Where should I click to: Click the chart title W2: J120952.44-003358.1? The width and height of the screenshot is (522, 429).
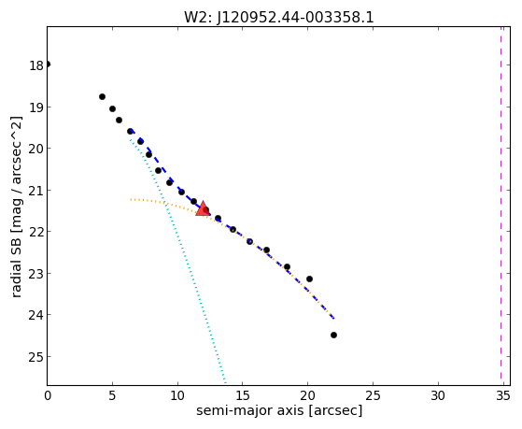[278, 17]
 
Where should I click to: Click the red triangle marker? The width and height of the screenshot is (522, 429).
[203, 209]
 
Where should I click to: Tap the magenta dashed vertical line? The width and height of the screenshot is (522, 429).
[501, 206]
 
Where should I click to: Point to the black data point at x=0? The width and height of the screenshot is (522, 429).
[48, 64]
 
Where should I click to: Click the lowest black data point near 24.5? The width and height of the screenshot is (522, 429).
[333, 335]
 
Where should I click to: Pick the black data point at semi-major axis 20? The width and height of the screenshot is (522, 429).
[309, 279]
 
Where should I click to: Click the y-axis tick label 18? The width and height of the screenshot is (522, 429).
[36, 65]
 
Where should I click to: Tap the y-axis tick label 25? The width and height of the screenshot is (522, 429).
[36, 357]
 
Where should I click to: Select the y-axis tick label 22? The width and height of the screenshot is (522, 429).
[36, 233]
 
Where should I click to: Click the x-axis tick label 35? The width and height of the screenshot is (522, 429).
[503, 395]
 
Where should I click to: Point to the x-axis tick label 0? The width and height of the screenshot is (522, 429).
[48, 395]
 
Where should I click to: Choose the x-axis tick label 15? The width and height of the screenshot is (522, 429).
[243, 395]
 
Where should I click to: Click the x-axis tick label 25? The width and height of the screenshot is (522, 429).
[373, 395]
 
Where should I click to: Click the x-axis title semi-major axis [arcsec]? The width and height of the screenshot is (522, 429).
[279, 410]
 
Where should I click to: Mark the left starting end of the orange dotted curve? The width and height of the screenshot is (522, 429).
[131, 199]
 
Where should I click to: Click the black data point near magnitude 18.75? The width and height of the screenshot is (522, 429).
[102, 96]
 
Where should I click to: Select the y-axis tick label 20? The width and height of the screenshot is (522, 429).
[36, 149]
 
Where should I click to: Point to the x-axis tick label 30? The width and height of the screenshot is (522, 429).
[438, 395]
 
